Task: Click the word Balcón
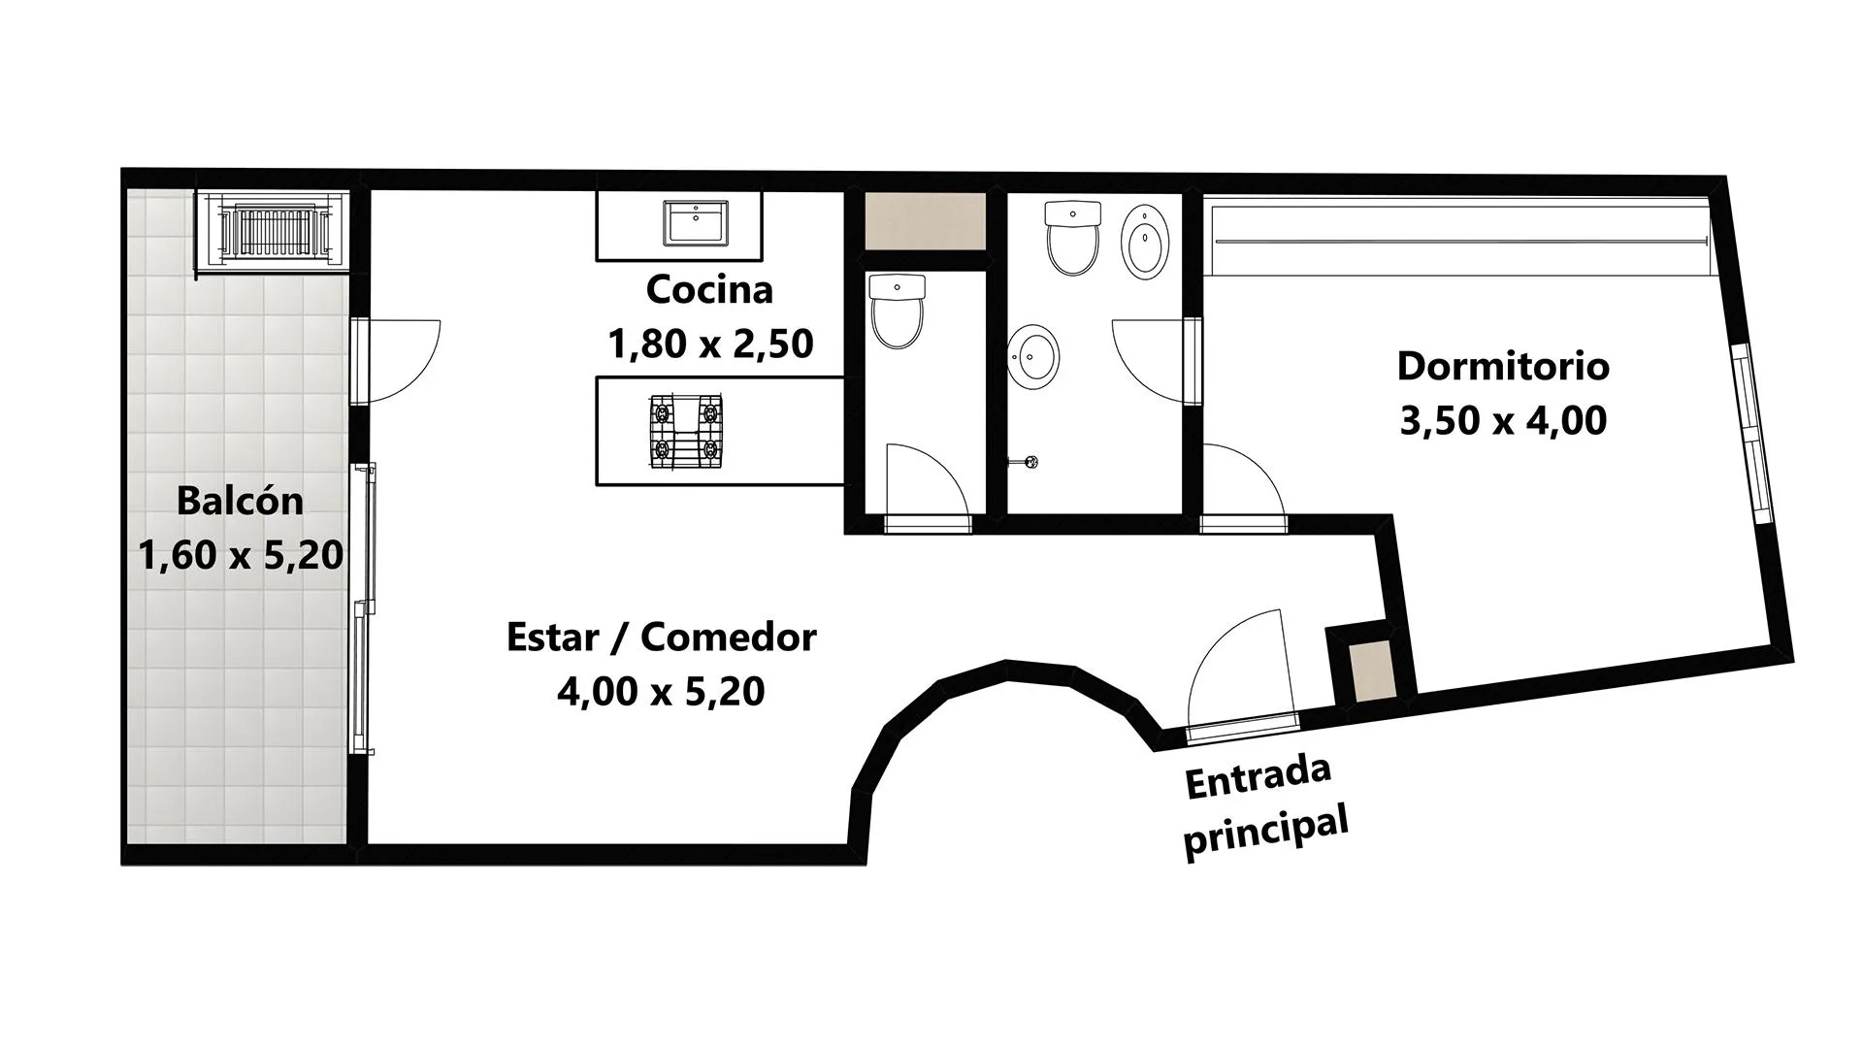240,501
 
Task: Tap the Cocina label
709,289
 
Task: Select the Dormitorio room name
1503,366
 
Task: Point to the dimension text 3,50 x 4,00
1503,420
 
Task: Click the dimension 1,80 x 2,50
710,344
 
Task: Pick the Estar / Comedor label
662,637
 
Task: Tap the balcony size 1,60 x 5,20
241,555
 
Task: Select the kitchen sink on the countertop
696,222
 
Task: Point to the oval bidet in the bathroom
1145,242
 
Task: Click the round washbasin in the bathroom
1032,356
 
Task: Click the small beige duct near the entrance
1372,671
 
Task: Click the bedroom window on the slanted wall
1754,435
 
